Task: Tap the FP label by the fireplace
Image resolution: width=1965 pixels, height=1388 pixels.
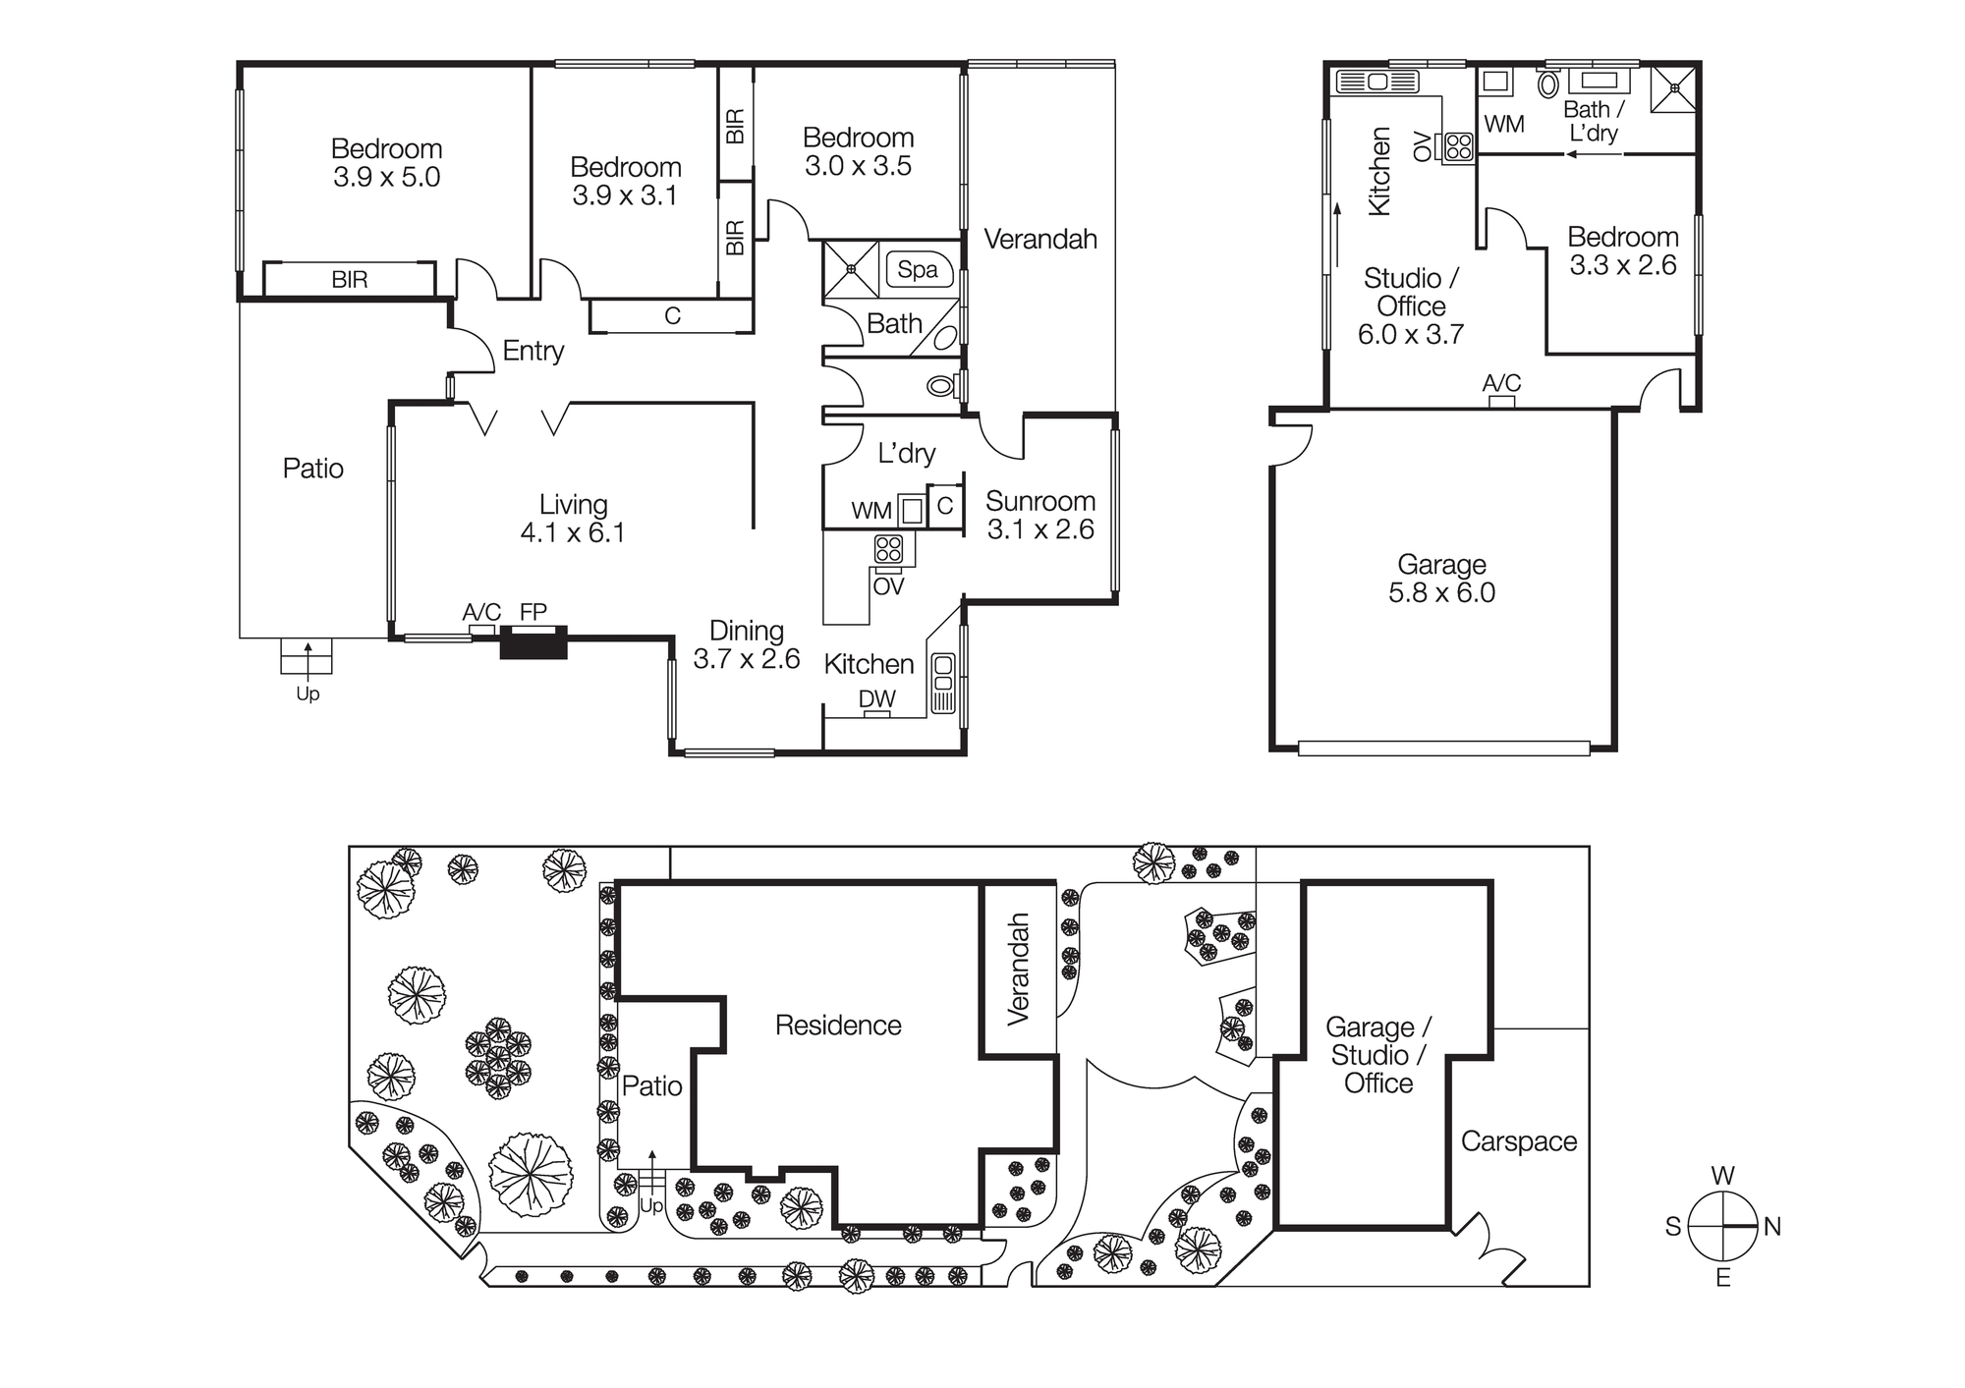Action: click(533, 612)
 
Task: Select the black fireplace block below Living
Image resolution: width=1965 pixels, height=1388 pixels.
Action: click(533, 643)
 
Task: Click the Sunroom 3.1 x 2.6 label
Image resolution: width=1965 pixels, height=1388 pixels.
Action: click(1040, 516)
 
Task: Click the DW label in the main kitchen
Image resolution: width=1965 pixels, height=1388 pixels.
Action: click(876, 698)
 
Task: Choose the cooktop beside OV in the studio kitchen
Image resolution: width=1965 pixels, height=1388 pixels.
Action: click(1459, 147)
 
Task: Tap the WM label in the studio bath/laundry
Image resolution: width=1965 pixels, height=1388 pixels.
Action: click(1503, 125)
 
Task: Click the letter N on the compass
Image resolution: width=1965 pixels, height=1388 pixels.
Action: click(1772, 1227)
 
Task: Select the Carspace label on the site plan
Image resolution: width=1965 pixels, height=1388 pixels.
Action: click(1518, 1141)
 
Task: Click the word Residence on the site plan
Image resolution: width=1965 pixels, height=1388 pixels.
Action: click(838, 1026)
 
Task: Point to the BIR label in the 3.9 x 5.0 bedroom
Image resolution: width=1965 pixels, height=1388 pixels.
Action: click(349, 280)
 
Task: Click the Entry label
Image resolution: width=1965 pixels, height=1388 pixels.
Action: click(533, 351)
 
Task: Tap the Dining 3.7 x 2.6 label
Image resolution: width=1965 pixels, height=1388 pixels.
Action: click(747, 645)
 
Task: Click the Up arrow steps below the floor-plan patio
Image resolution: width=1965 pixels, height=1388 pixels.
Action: click(307, 656)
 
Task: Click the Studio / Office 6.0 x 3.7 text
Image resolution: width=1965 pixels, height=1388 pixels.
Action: click(1411, 306)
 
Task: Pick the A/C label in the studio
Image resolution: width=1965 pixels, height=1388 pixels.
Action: click(1501, 383)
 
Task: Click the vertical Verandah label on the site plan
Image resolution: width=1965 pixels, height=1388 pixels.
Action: click(1019, 970)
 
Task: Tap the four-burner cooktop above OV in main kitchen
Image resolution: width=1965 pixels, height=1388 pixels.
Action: click(888, 548)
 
